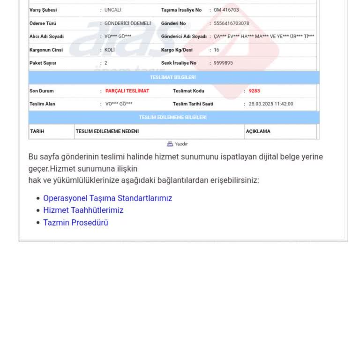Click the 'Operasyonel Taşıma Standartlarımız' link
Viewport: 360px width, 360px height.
tap(107, 198)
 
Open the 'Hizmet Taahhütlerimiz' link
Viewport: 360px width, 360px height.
tap(83, 210)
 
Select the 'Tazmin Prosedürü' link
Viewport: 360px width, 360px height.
tap(75, 223)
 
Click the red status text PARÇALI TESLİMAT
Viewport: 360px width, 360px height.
tap(127, 91)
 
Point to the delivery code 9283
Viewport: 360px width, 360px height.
tap(254, 91)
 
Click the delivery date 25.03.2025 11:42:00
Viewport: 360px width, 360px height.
tap(270, 104)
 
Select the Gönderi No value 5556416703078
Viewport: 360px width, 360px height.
tap(231, 23)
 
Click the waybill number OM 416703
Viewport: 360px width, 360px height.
tap(226, 10)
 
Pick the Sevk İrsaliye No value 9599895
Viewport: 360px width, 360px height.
tap(223, 63)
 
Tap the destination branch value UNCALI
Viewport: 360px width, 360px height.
tap(112, 10)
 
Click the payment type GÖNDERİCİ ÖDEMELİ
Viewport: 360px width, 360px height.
tap(127, 23)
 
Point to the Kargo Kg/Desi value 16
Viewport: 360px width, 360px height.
tap(216, 50)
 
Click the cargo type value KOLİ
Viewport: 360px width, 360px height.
tap(109, 50)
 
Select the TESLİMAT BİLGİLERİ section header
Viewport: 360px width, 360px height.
tap(172, 77)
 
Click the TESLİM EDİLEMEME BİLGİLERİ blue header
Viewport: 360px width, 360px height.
tap(172, 117)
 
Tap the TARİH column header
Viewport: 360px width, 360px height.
tap(37, 132)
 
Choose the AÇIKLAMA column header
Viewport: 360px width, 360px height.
tap(258, 132)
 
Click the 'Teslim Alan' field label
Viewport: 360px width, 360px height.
tap(42, 104)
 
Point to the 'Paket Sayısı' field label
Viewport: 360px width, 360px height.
tap(43, 63)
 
